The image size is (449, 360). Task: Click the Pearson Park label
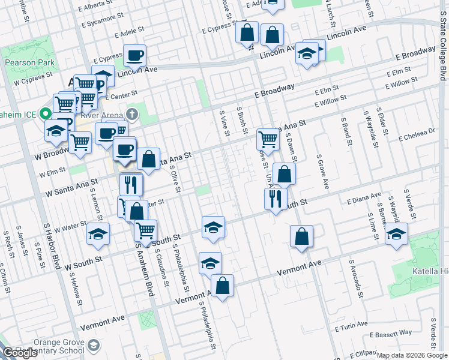29,62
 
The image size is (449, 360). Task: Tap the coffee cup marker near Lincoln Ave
134,56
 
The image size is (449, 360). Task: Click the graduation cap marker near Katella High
396,234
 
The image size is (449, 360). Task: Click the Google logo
20,353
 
